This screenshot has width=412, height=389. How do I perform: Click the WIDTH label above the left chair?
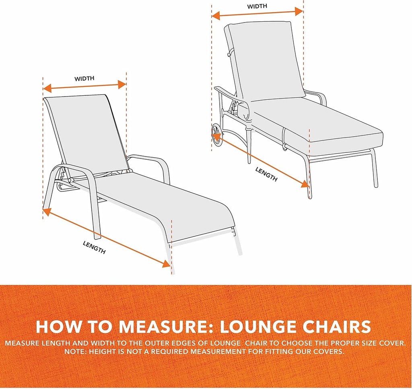[84, 78]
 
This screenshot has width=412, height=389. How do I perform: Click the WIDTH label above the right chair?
[257, 6]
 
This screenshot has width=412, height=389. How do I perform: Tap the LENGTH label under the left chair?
[95, 247]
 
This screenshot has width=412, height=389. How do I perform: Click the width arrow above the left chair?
[84, 86]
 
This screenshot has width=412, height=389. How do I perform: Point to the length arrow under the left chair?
[107, 237]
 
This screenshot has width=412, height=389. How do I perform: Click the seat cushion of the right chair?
[318, 125]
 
